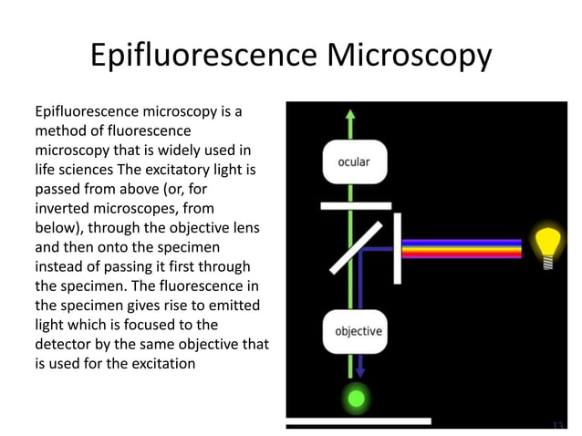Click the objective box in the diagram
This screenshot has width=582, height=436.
click(x=359, y=331)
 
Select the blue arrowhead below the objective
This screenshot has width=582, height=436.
click(x=359, y=372)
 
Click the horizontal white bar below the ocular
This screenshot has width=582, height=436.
click(x=356, y=206)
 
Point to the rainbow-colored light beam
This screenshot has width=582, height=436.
click(x=462, y=249)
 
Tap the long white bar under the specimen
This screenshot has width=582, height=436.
click(x=358, y=421)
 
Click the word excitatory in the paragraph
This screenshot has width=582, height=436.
click(x=182, y=170)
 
